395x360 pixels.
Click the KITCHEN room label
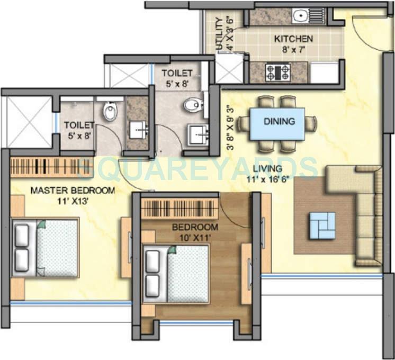pyautogui.click(x=293, y=39)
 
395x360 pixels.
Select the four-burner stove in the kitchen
pyautogui.click(x=278, y=72)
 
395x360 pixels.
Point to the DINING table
pyautogui.click(x=277, y=123)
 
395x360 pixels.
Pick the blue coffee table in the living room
pyautogui.click(x=322, y=224)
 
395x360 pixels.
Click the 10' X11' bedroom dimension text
pyautogui.click(x=195, y=237)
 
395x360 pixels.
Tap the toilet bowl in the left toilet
pyautogui.click(x=110, y=112)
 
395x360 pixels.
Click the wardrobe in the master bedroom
pyautogui.click(x=44, y=167)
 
